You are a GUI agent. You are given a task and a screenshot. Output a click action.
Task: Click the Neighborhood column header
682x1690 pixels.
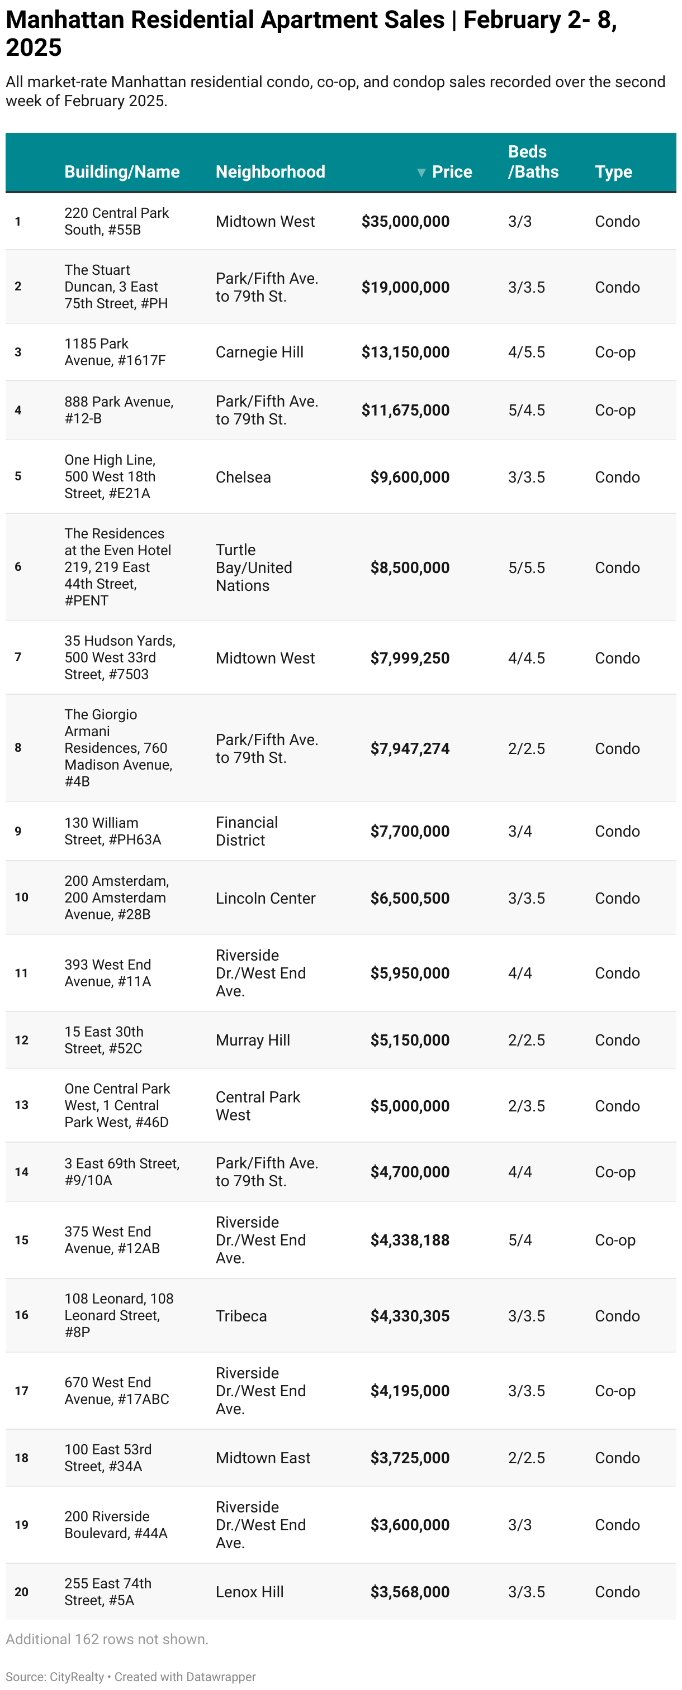click(x=270, y=172)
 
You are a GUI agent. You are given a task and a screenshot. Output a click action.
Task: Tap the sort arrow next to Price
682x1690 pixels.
click(x=421, y=173)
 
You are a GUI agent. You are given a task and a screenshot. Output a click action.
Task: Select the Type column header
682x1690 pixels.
click(x=613, y=172)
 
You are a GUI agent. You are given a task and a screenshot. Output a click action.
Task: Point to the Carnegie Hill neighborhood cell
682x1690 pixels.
click(x=259, y=352)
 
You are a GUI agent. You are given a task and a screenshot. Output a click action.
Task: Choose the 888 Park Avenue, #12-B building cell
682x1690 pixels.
click(x=119, y=410)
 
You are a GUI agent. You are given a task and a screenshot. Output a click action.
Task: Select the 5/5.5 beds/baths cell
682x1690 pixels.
click(x=527, y=567)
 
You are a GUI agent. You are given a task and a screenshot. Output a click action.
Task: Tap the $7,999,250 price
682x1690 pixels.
click(x=410, y=658)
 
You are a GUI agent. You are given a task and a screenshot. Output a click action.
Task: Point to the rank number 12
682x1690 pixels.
click(x=22, y=1040)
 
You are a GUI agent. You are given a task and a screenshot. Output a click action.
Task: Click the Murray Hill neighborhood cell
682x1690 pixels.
click(x=253, y=1040)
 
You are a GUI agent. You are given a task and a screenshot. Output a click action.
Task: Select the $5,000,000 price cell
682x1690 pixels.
click(x=410, y=1106)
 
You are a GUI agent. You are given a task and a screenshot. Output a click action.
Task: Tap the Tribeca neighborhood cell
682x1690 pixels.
click(x=241, y=1316)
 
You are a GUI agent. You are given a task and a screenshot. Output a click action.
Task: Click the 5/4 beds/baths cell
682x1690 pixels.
click(x=520, y=1240)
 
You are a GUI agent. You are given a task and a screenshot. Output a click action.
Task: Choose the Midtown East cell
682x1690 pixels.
click(x=263, y=1458)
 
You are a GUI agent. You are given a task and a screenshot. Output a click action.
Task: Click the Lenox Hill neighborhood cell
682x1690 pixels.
click(x=249, y=1592)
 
